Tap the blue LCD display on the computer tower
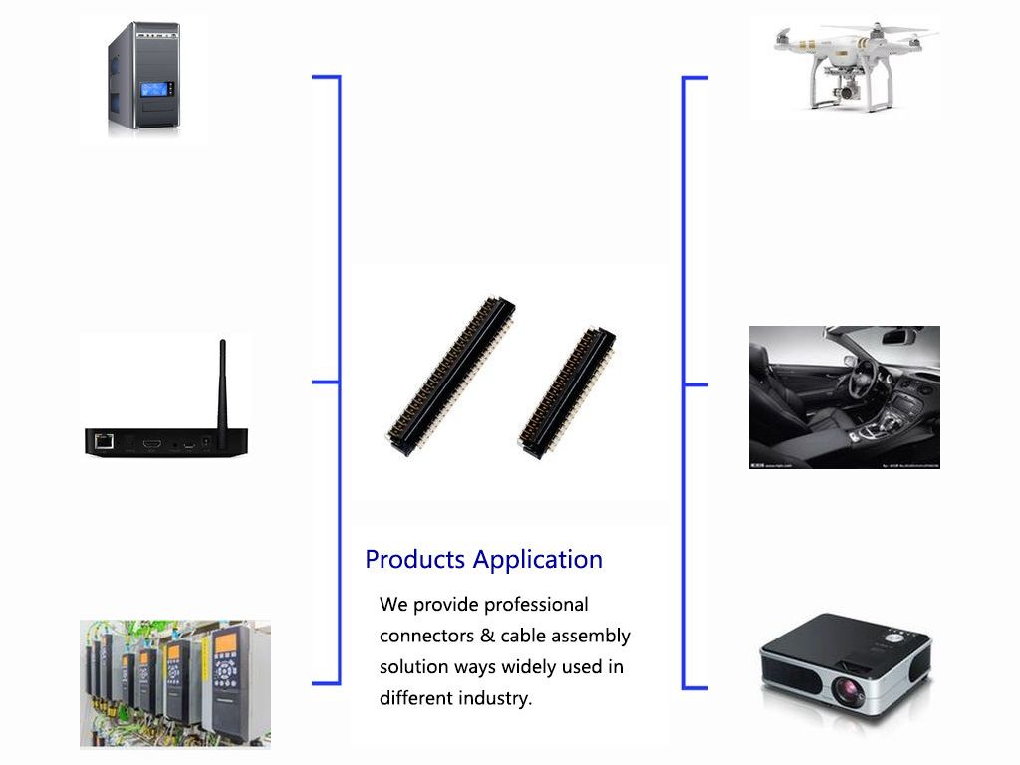[154, 90]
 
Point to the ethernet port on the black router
[103, 439]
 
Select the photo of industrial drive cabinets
[174, 683]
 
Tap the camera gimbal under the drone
[845, 92]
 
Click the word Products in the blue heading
[415, 559]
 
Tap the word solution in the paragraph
[412, 666]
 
